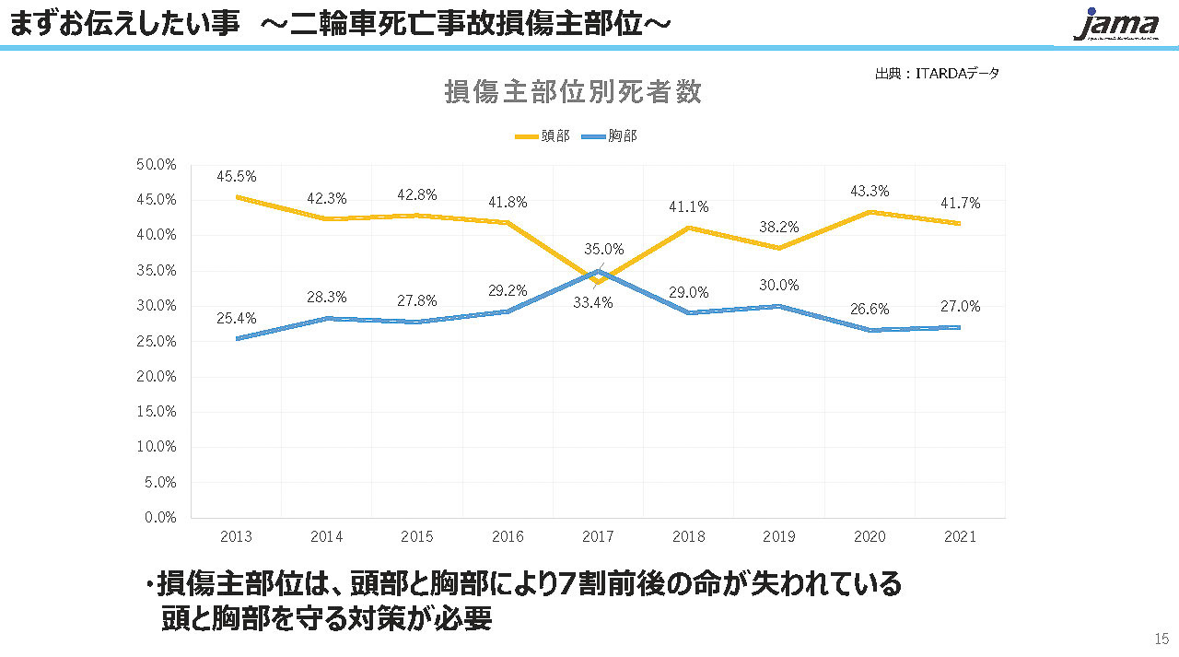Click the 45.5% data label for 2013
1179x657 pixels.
(x=237, y=176)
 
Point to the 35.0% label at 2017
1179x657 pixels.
(x=604, y=249)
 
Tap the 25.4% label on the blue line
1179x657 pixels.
(x=237, y=318)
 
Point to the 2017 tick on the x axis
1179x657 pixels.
(x=598, y=536)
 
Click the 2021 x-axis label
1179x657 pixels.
(x=959, y=536)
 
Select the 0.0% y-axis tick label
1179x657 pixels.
(x=161, y=517)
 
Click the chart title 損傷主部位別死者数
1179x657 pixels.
(x=573, y=92)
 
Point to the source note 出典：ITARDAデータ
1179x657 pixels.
(x=937, y=74)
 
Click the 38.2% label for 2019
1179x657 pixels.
(x=779, y=227)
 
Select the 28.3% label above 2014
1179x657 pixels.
(x=327, y=297)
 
